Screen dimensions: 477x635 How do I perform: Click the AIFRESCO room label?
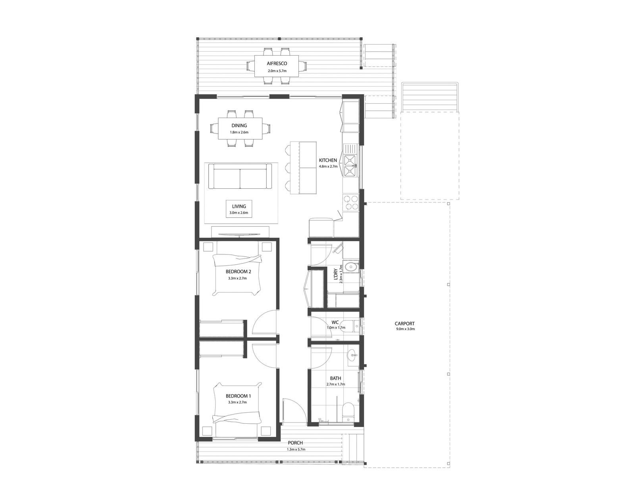277,63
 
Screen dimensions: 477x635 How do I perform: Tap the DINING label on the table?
239,126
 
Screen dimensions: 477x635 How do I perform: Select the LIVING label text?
239,206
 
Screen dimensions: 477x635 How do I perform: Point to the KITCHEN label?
328,160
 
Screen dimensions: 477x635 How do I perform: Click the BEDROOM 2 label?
238,272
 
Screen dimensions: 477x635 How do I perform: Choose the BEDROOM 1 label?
238,396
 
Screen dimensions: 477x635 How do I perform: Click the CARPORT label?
405,324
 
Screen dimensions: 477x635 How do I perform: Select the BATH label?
335,378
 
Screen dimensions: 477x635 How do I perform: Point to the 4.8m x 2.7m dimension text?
328,167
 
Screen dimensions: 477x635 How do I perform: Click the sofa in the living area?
240,178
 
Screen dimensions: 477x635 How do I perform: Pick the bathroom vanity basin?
352,355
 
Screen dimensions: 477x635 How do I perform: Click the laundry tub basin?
351,267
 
